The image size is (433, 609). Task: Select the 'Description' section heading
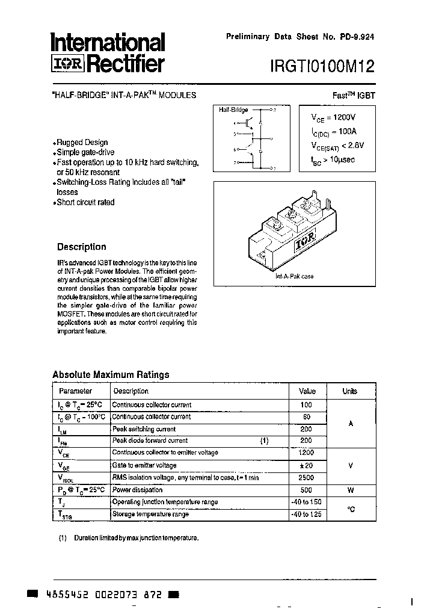pos(81,247)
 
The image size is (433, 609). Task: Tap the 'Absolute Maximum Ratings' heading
pos(111,374)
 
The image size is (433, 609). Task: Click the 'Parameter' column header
pos(76,391)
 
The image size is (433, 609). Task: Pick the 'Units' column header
pos(350,391)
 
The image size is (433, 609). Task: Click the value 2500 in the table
pos(306,478)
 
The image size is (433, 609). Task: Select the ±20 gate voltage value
pos(306,466)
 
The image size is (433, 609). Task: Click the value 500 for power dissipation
pos(306,490)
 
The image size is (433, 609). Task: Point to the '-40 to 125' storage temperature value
pos(306,515)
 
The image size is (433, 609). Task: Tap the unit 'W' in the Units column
pos(351,490)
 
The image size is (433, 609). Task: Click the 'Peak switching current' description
pos(144,429)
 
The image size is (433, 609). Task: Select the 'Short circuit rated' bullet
pos(85,203)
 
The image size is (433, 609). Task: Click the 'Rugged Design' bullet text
pos(82,143)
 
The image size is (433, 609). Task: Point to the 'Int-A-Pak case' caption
pos(294,277)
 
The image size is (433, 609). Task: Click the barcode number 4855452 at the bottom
pos(67,594)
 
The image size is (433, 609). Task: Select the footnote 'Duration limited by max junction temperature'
pos(136,537)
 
